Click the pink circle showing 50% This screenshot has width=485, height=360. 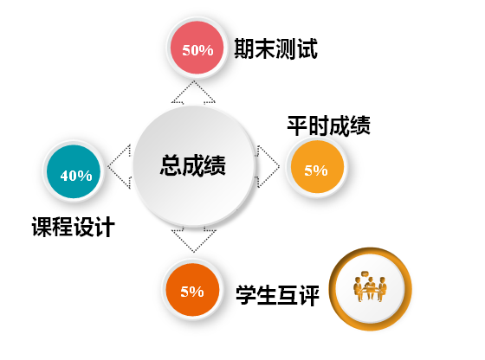point(197,48)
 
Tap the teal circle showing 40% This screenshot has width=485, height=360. point(74,171)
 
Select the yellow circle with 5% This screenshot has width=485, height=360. point(317,167)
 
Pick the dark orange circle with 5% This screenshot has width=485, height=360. point(192,290)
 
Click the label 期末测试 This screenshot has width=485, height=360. point(275,48)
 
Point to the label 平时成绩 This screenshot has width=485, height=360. point(328,125)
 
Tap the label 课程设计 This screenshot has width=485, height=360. point(74,227)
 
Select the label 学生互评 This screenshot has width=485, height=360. point(277,295)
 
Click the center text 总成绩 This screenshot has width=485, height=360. point(192,165)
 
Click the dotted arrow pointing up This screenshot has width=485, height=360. point(194,93)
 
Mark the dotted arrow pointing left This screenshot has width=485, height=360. point(120,166)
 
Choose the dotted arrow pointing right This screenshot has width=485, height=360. point(268,166)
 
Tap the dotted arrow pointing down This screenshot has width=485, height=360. point(194,240)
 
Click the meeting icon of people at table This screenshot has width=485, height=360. point(370,286)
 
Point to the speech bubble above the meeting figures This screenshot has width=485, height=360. point(365,273)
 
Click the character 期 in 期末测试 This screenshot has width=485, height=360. point(244,48)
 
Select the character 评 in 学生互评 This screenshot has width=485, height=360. point(309,295)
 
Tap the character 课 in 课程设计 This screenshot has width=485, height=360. point(42,227)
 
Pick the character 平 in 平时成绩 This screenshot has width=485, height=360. point(297,125)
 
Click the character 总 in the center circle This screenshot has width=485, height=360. point(171,165)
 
